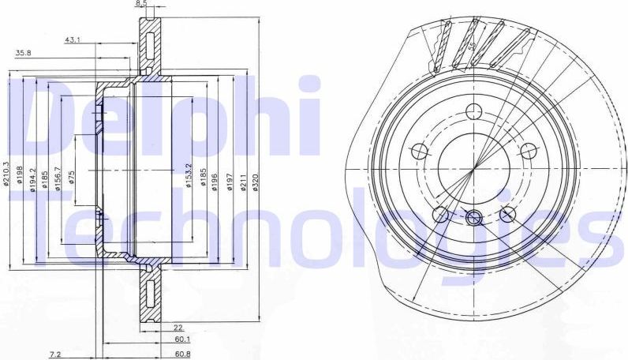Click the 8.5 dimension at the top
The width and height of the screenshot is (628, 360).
pyautogui.click(x=141, y=4)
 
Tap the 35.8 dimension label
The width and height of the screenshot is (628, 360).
pyautogui.click(x=24, y=53)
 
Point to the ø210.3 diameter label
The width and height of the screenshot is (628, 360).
pyautogui.click(x=6, y=176)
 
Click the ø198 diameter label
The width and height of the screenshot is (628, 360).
pyautogui.click(x=21, y=176)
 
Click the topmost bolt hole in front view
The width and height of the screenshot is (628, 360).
pyautogui.click(x=473, y=111)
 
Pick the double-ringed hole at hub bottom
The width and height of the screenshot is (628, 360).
pyautogui.click(x=473, y=219)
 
